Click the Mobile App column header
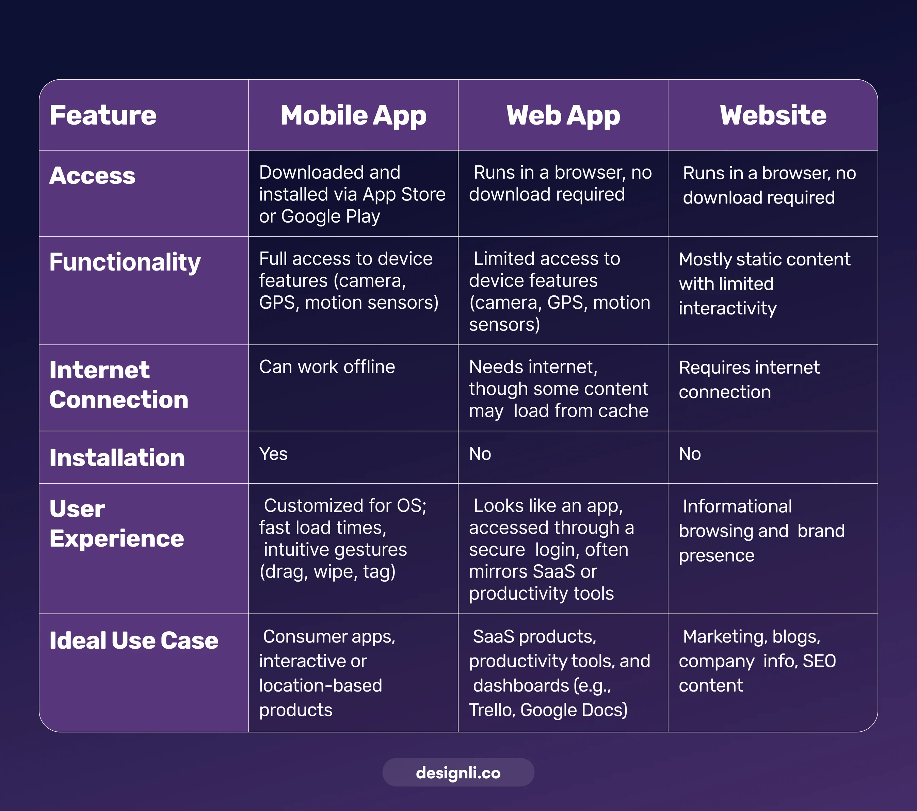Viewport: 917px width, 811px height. pos(353,115)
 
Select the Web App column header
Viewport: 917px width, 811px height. pos(563,115)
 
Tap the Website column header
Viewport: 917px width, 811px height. pos(773,115)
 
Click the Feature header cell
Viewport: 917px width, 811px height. pos(103,115)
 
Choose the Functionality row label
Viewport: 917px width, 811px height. pos(125,262)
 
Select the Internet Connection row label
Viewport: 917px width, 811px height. pos(118,385)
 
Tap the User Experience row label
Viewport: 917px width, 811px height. pos(117,523)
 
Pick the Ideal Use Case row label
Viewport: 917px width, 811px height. pos(134,640)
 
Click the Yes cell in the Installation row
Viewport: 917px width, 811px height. pos(273,454)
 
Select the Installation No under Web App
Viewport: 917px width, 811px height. pos(480,454)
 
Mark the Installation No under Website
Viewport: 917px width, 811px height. pos(690,454)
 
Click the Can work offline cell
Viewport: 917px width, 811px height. pos(327,367)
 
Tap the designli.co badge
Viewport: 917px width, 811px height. pos(458,773)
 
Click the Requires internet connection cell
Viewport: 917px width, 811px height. pos(749,379)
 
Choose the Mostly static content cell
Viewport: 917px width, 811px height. pos(764,283)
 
